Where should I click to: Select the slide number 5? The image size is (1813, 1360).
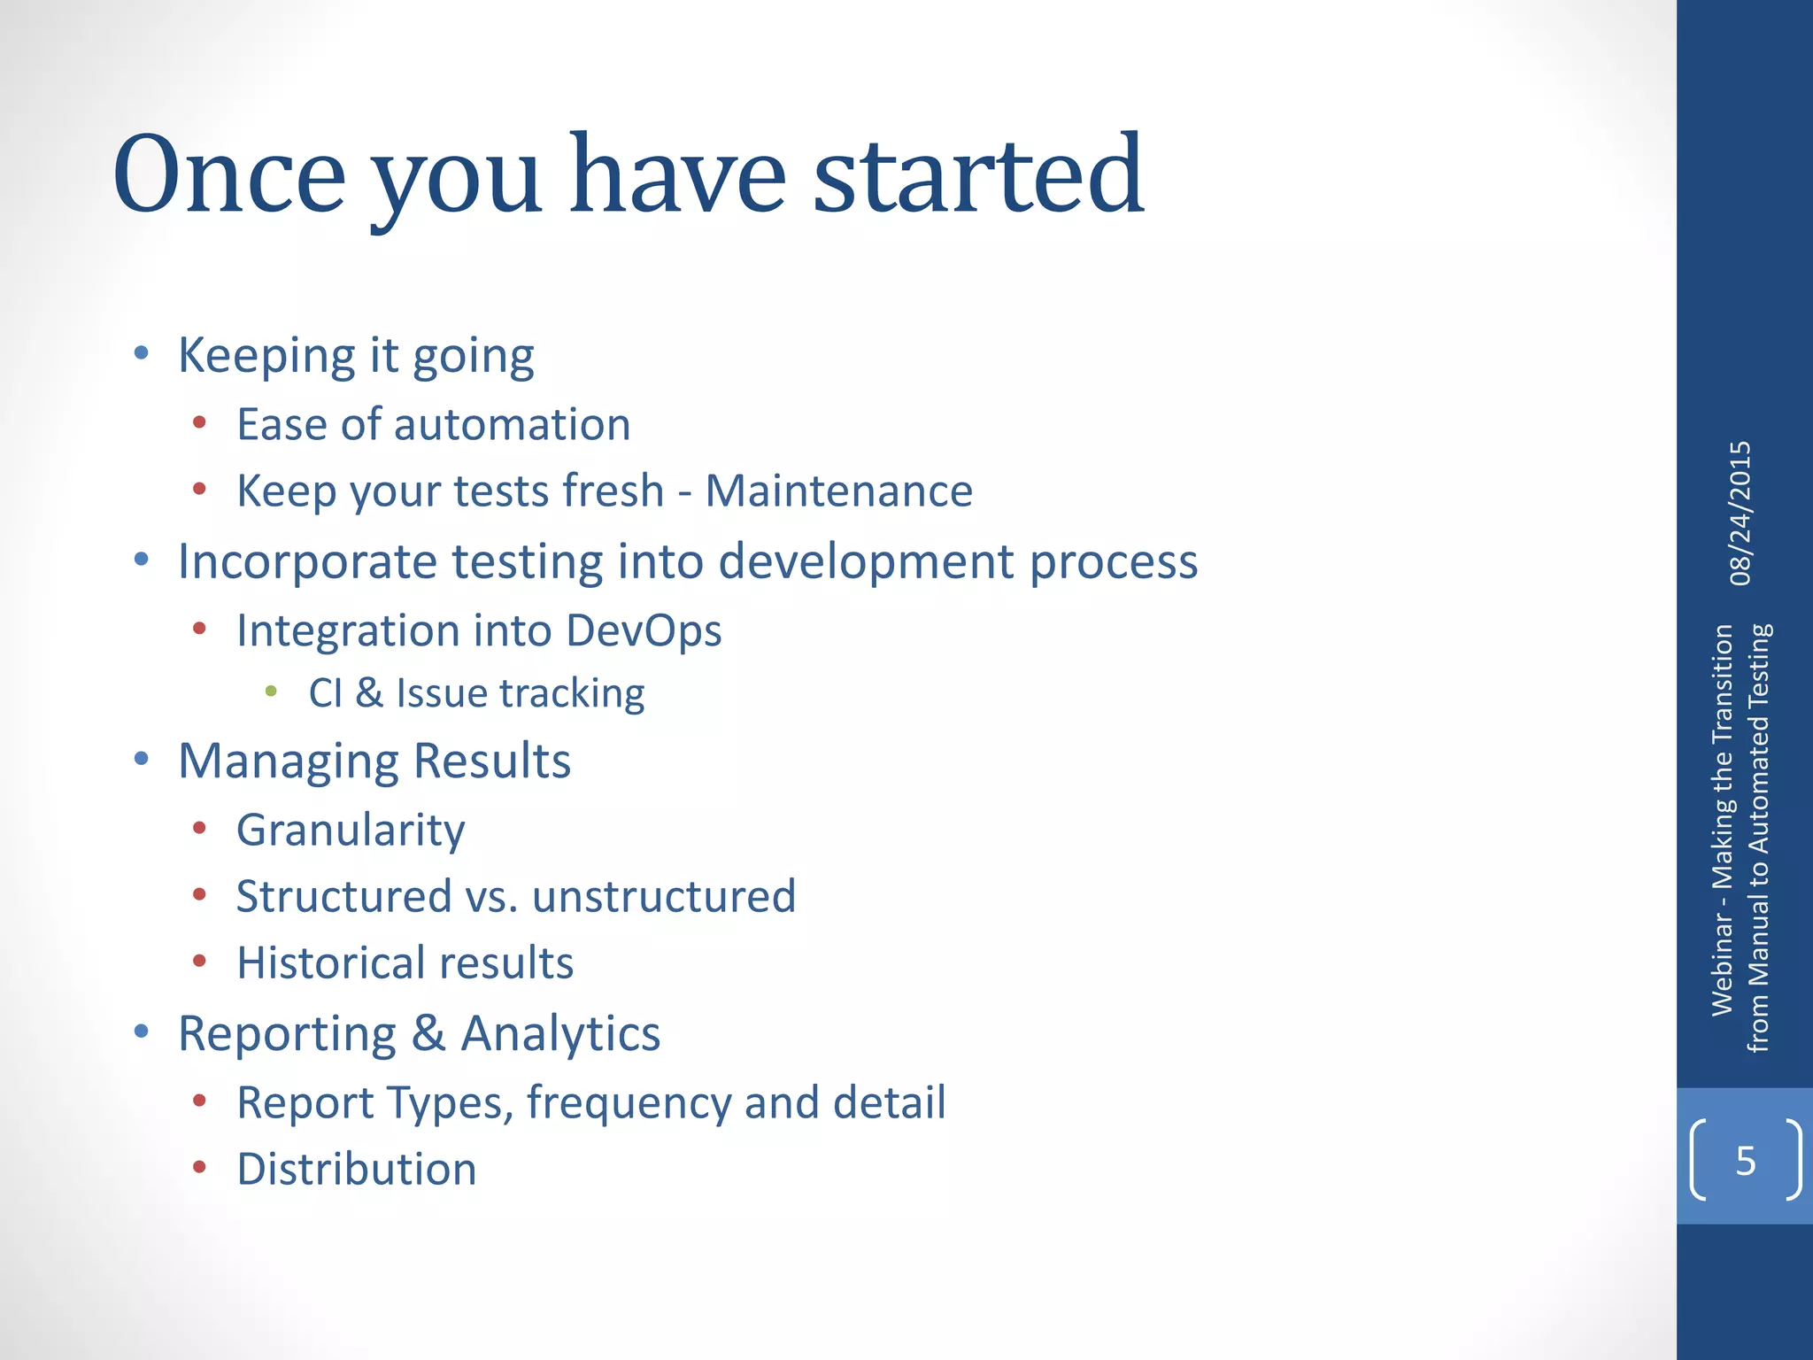(x=1745, y=1161)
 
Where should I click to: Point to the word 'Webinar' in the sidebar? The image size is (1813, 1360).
(x=1722, y=964)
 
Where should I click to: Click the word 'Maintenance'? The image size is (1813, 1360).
(x=838, y=491)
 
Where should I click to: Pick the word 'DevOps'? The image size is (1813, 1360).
(x=644, y=631)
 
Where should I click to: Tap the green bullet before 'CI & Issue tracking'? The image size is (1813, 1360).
(x=271, y=691)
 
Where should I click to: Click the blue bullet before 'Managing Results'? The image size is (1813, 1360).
(x=141, y=759)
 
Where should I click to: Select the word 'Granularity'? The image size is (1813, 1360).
(x=351, y=831)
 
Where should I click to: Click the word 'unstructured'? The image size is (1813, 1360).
(x=664, y=896)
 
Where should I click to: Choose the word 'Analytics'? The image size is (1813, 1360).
(x=560, y=1033)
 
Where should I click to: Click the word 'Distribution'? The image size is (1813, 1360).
(x=357, y=1169)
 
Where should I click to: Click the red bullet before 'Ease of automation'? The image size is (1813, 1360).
(x=199, y=423)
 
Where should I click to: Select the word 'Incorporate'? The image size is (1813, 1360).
(x=307, y=562)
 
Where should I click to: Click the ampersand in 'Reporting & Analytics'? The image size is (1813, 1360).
(x=428, y=1033)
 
